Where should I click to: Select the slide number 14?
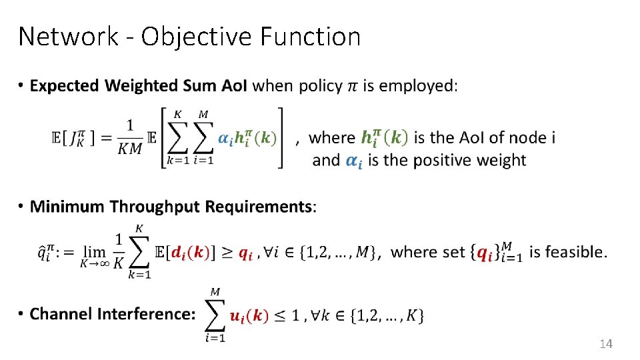tap(605, 344)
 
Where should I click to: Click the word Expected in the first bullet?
tap(64, 86)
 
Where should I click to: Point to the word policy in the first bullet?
tap(320, 86)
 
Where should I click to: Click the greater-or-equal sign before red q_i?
tap(227, 253)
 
